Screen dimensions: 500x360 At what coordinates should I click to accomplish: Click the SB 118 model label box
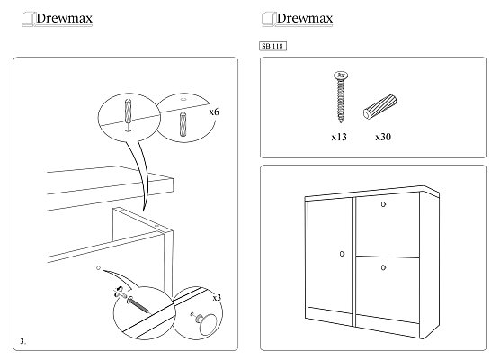[272, 46]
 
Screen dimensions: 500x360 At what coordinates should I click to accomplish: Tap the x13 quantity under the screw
[339, 137]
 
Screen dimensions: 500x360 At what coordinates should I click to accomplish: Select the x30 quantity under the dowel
[383, 137]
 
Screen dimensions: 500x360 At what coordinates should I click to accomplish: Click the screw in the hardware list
[341, 96]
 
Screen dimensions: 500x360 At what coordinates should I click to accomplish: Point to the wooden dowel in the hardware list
[379, 106]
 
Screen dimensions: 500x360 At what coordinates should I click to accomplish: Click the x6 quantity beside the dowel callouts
[214, 112]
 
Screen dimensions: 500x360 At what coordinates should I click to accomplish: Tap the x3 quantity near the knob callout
[217, 297]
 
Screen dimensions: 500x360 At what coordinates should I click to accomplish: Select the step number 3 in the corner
[23, 341]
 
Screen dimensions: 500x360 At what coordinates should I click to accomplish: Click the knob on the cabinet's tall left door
[342, 254]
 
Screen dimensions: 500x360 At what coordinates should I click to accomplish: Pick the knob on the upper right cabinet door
[383, 204]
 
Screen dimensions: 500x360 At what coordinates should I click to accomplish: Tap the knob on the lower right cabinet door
[383, 267]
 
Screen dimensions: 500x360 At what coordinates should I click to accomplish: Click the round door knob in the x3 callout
[206, 323]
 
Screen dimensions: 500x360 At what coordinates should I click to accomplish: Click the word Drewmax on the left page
[64, 18]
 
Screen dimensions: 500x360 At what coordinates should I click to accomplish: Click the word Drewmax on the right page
[305, 18]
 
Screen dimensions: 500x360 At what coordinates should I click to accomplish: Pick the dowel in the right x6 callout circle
[183, 124]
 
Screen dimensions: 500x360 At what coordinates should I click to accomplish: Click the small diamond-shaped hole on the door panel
[98, 268]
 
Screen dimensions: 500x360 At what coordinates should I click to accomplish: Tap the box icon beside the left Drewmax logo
[28, 19]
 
